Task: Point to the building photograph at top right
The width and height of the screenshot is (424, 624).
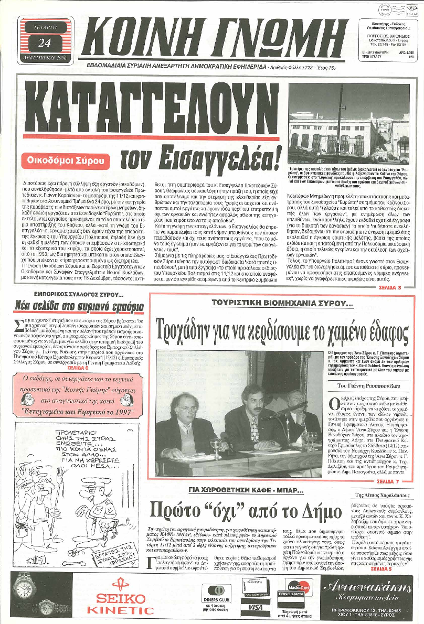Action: point(348,123)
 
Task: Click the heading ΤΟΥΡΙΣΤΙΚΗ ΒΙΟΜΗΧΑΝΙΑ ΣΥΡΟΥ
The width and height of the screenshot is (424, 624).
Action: point(282,303)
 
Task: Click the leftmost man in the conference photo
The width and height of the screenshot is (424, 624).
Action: point(178,419)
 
